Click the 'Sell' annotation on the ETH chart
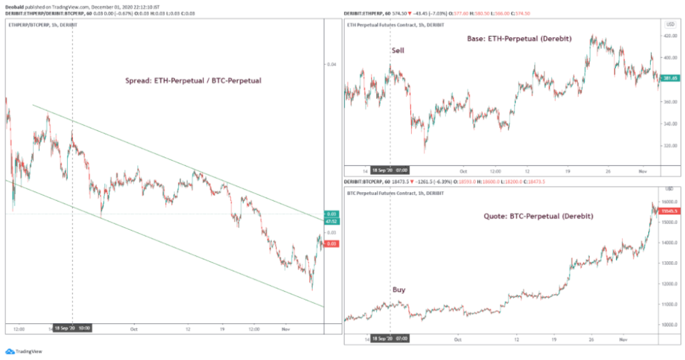pos(398,50)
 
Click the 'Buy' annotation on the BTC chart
pos(399,290)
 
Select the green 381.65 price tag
pos(670,79)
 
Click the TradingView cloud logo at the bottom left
pos(10,350)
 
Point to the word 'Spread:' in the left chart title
pos(138,81)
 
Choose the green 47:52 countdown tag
pos(330,221)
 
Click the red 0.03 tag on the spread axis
pos(330,243)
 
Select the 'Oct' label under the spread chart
pos(133,329)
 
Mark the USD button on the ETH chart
pos(670,24)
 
